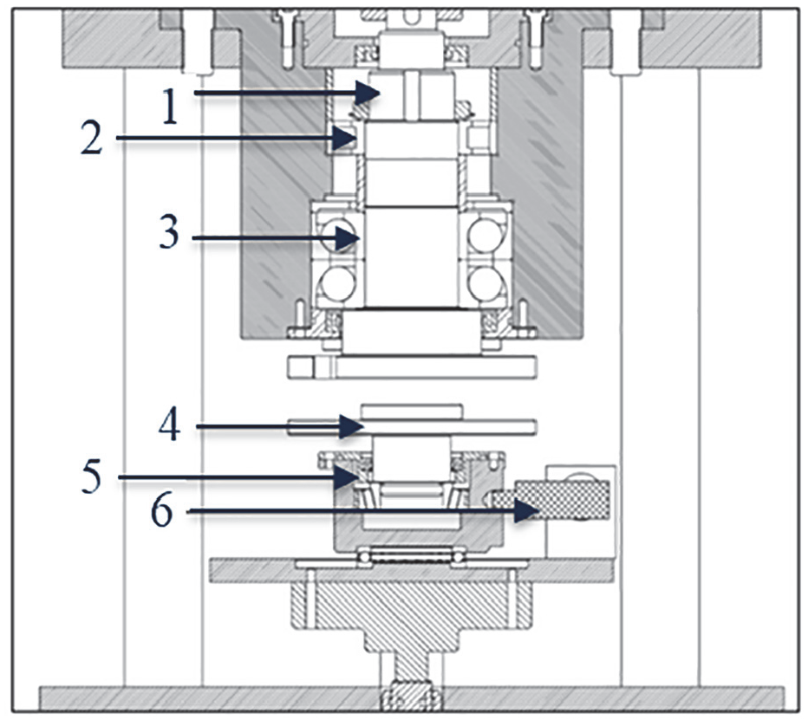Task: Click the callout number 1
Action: tap(170, 107)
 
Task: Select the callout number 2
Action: tap(91, 138)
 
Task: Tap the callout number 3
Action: tap(168, 233)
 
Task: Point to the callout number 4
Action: tap(170, 425)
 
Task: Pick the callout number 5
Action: tap(92, 476)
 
